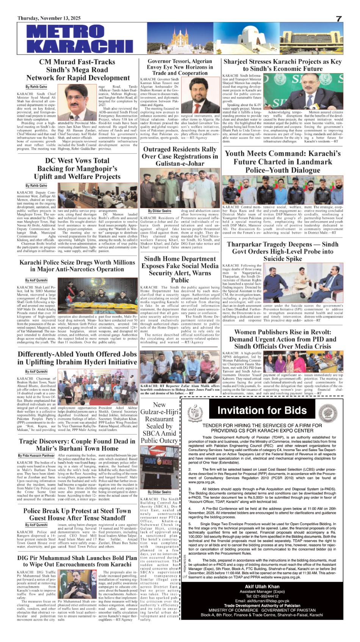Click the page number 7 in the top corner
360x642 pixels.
(339, 19)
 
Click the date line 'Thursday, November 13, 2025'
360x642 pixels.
(49, 18)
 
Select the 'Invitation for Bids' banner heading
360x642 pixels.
(262, 410)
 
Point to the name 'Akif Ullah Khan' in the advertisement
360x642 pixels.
(262, 586)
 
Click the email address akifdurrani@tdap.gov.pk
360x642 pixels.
(262, 601)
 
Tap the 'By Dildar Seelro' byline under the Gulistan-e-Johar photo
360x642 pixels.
(160, 211)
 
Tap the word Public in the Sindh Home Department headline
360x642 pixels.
(180, 280)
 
